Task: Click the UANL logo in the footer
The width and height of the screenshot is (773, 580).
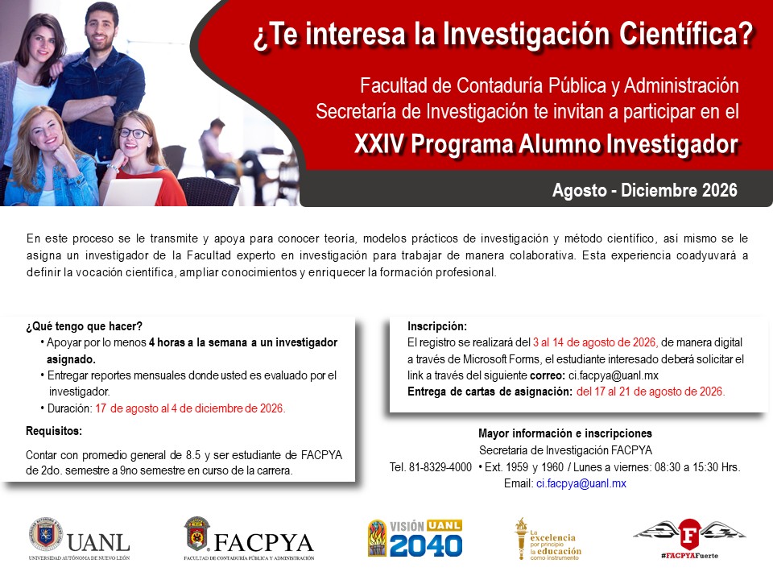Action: tap(80, 539)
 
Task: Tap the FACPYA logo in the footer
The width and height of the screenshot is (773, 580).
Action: tap(249, 539)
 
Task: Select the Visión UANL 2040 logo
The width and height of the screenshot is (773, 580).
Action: tap(415, 538)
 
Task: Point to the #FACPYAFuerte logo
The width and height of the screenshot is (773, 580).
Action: tap(689, 539)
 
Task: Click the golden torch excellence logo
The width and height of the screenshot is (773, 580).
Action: tap(548, 539)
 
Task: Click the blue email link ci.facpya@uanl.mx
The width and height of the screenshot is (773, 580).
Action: tap(581, 483)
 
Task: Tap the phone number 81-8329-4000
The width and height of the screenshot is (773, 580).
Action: tap(440, 467)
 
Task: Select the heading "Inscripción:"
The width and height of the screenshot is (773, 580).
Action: tap(437, 326)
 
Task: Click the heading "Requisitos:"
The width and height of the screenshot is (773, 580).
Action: tap(54, 431)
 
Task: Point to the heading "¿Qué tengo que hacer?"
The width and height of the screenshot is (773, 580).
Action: tap(85, 326)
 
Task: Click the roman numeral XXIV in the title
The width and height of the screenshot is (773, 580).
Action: tap(379, 144)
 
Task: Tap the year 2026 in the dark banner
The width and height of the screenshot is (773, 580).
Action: tap(720, 190)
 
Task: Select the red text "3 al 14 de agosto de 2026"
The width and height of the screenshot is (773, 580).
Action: tap(594, 342)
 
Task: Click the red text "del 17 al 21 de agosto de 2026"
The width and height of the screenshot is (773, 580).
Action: tap(651, 391)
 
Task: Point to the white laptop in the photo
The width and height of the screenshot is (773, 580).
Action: tap(132, 192)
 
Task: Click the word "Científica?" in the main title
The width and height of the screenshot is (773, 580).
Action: tap(686, 34)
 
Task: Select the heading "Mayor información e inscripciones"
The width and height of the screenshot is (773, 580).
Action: tap(565, 433)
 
